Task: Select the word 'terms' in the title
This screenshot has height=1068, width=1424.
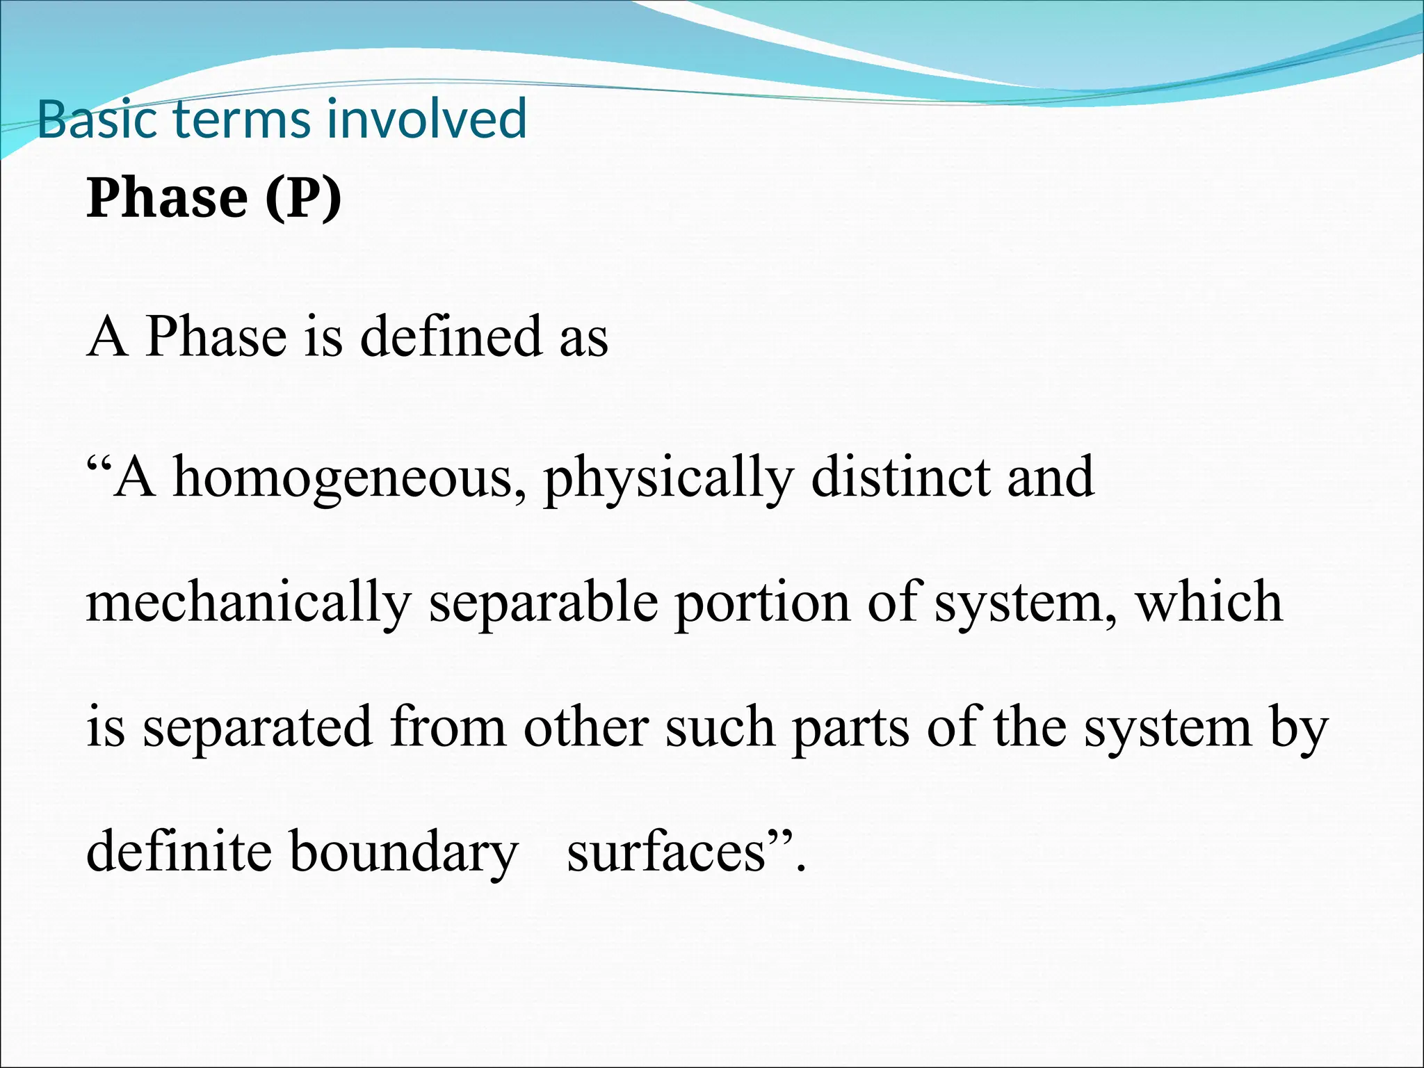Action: (242, 119)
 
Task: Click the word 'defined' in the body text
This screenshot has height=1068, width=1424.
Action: (451, 337)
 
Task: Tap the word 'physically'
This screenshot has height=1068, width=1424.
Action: (668, 478)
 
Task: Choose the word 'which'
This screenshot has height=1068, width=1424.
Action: (1209, 602)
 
